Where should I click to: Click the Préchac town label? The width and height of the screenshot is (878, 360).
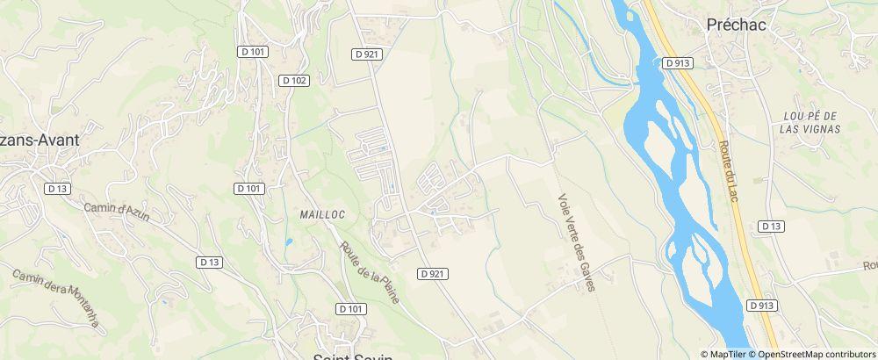pos(736,25)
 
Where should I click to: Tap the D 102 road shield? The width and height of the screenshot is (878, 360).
pos(295,80)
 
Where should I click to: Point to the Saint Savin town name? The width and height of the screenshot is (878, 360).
pos(353,355)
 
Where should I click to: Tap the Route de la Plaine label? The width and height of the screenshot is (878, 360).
pos(370,273)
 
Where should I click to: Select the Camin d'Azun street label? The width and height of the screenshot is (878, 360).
pos(119,220)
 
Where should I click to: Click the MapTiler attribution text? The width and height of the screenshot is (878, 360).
pos(728,354)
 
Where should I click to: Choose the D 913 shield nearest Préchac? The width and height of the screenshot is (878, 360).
pos(677,62)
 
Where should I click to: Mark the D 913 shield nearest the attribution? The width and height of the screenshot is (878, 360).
pos(763,305)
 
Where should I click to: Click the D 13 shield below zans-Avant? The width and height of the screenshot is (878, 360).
pos(57,188)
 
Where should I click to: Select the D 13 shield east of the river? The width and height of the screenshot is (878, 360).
pos(770,226)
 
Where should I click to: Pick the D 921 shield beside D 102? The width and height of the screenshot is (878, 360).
pos(366,54)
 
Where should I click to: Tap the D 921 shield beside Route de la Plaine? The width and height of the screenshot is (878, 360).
pos(433,273)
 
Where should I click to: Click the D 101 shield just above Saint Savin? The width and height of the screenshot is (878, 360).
pos(350,308)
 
